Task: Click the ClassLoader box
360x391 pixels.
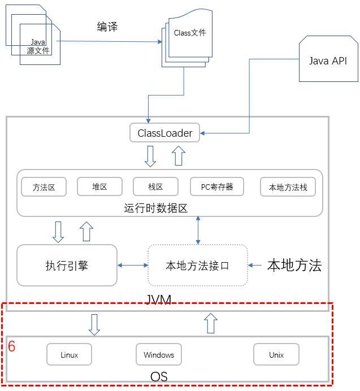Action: (164, 133)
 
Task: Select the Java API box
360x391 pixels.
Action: (328, 61)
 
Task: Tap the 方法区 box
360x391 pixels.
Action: (44, 187)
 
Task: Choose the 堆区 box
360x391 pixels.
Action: (99, 187)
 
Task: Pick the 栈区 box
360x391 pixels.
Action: (155, 187)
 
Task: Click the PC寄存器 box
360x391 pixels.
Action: (217, 187)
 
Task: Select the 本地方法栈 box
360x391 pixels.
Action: (288, 187)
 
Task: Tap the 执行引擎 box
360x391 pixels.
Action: (67, 265)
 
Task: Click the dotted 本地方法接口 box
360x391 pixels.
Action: (197, 265)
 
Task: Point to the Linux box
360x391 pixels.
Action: (69, 355)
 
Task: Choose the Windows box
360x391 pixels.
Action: (159, 355)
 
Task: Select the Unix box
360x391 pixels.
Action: (276, 355)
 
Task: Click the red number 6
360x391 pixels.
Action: (11, 346)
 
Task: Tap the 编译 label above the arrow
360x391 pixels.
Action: (107, 27)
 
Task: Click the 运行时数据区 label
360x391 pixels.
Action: (155, 208)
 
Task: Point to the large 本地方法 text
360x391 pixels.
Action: (294, 265)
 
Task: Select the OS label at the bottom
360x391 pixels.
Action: (159, 376)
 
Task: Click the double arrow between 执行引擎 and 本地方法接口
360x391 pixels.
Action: (132, 265)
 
